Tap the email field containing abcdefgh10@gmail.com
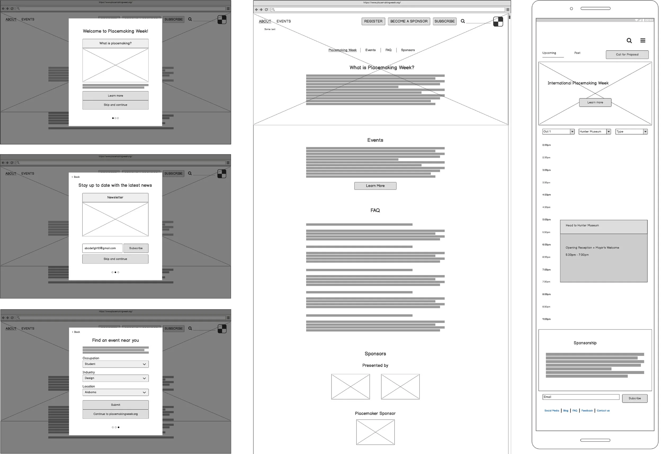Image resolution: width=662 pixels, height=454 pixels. tap(102, 248)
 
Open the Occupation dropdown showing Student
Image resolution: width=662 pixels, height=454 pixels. tap(115, 364)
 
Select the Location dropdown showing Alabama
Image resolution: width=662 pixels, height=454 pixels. tap(115, 393)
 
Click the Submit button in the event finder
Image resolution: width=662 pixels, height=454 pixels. tap(115, 405)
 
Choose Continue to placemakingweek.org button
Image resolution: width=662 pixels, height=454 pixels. tap(115, 414)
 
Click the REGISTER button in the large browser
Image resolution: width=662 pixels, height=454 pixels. tap(373, 21)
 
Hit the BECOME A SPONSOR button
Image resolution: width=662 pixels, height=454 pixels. tap(409, 21)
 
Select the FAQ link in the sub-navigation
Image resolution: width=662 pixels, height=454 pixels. tap(388, 50)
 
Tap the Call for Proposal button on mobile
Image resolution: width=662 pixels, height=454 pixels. tap(627, 55)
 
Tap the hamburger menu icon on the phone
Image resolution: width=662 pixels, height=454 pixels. tap(643, 41)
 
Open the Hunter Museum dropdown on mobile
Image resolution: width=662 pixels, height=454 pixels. tap(594, 132)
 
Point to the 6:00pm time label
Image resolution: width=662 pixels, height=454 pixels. tap(546, 245)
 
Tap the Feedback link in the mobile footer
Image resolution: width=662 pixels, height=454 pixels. tap(587, 411)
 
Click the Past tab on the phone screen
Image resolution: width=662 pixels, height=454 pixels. tap(577, 53)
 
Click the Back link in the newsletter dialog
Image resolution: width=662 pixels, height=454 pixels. tap(76, 177)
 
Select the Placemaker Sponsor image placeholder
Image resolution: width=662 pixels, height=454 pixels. tap(375, 432)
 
